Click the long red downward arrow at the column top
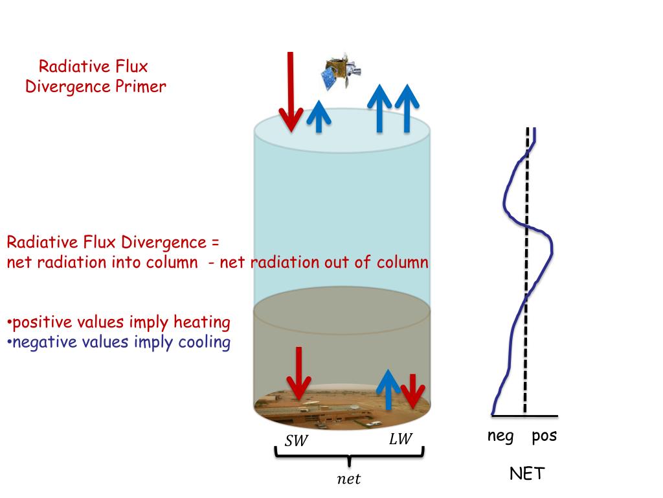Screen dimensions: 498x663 (291, 91)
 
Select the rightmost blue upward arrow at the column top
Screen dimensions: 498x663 (407, 108)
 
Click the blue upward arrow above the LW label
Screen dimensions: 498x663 (388, 389)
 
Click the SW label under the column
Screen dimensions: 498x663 (297, 441)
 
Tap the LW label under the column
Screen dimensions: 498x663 (400, 439)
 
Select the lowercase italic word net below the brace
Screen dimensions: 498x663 (349, 480)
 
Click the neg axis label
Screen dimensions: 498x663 (500, 436)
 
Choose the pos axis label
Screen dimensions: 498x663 (544, 436)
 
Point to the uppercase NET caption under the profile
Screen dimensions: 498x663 (526, 474)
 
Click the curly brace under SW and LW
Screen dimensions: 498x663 (350, 455)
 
